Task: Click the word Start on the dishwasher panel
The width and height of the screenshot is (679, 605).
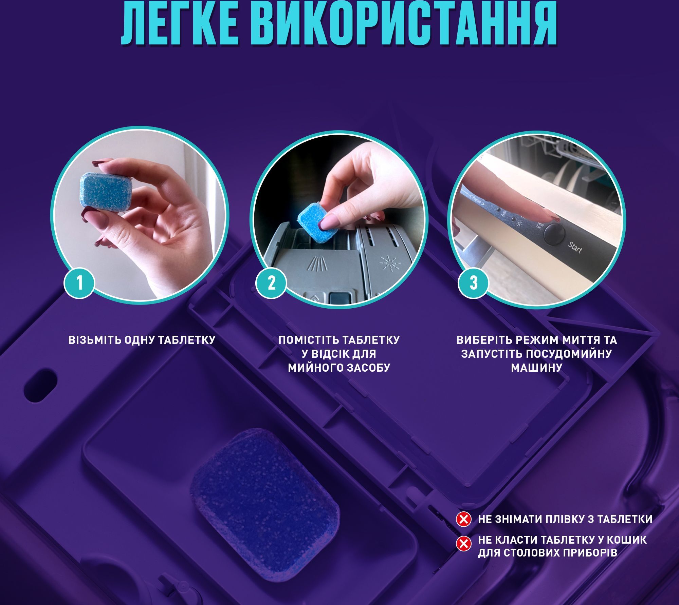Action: point(575,249)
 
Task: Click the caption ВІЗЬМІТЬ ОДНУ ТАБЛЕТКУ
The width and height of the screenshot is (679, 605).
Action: point(142,340)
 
